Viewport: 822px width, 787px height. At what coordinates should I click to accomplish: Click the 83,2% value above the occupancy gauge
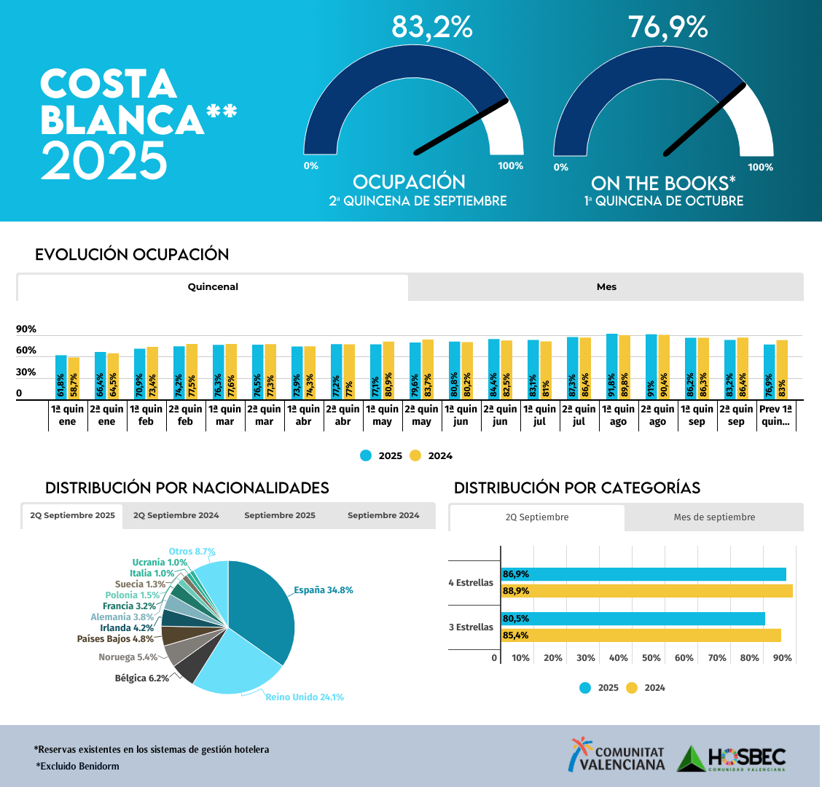431,27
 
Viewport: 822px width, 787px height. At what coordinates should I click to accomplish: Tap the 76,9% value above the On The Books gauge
668,27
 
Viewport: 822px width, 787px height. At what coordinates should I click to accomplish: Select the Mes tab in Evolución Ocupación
606,287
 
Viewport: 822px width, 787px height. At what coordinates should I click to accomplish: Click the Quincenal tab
213,287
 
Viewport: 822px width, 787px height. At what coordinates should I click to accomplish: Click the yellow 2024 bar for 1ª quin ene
74,378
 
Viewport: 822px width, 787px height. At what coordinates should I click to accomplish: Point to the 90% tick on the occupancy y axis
26,329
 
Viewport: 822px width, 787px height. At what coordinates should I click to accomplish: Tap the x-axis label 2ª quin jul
579,415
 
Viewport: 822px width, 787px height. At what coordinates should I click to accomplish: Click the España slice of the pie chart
262,608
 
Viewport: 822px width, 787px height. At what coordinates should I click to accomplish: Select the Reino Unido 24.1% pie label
304,697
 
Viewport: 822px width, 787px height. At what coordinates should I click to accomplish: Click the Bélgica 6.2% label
141,678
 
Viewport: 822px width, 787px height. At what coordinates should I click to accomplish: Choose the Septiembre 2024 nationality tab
383,516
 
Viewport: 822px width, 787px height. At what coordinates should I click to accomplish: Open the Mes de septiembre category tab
714,517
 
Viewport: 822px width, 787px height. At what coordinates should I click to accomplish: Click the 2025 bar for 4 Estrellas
643,574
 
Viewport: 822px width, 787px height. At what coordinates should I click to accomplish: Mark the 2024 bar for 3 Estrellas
641,635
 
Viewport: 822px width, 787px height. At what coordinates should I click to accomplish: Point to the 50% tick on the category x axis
651,658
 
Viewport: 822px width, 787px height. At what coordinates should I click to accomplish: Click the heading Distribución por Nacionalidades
187,488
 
